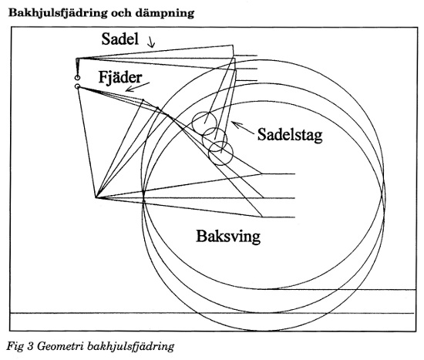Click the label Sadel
click(x=120, y=39)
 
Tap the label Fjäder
click(x=120, y=77)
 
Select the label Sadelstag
click(x=290, y=134)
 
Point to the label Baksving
click(x=228, y=236)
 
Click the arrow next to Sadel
click(x=151, y=42)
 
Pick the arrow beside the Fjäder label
click(x=137, y=87)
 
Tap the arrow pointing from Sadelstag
click(x=243, y=128)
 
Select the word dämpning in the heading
click(x=164, y=13)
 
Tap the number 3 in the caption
click(x=30, y=346)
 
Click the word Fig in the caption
click(x=15, y=346)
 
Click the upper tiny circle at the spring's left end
click(x=77, y=78)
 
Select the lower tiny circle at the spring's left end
click(x=77, y=86)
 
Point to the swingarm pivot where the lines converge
click(x=96, y=197)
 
